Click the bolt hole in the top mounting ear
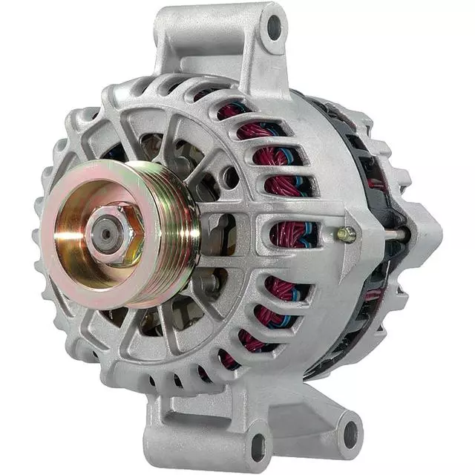tap(275, 27)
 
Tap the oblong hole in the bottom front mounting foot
tap(258, 446)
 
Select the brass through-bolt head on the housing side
tap(345, 235)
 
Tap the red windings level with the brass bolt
tap(293, 235)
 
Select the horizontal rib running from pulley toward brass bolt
tap(245, 223)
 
